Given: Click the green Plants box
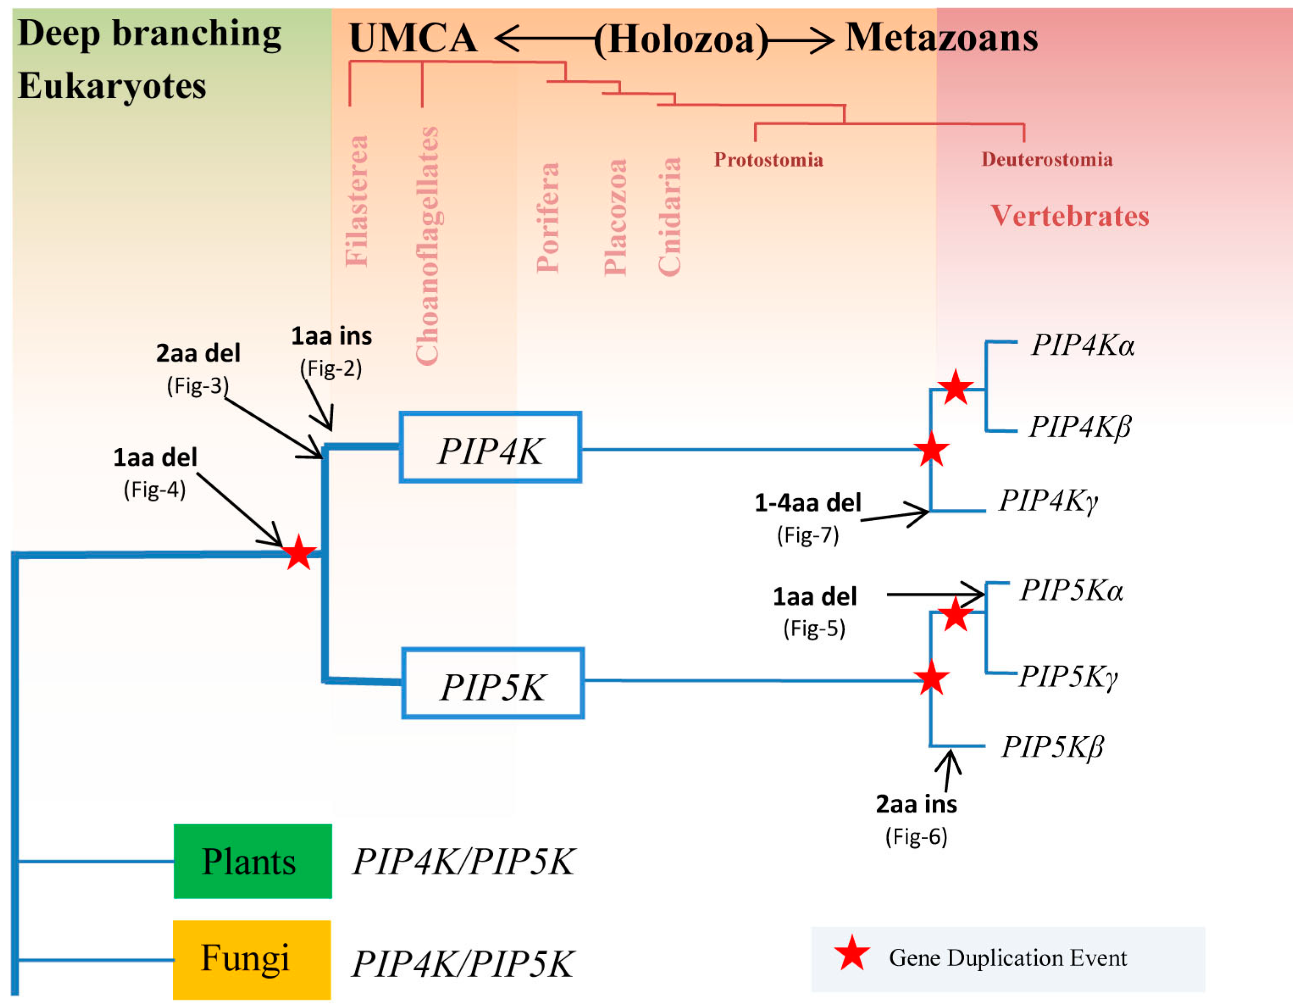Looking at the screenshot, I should point(252,861).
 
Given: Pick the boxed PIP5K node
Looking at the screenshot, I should point(493,683).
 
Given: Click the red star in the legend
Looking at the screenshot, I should point(852,954).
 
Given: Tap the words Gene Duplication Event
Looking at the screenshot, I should point(1007,958).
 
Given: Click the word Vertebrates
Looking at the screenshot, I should point(1070,216).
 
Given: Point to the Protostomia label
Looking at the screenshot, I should point(769,160).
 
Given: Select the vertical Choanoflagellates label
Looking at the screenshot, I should point(427,245).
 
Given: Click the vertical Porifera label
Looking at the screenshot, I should point(547,217).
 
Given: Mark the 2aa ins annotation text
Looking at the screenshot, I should point(916,804).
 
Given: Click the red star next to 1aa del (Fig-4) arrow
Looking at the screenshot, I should point(298,553).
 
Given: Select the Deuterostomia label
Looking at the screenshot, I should point(1047,160).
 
